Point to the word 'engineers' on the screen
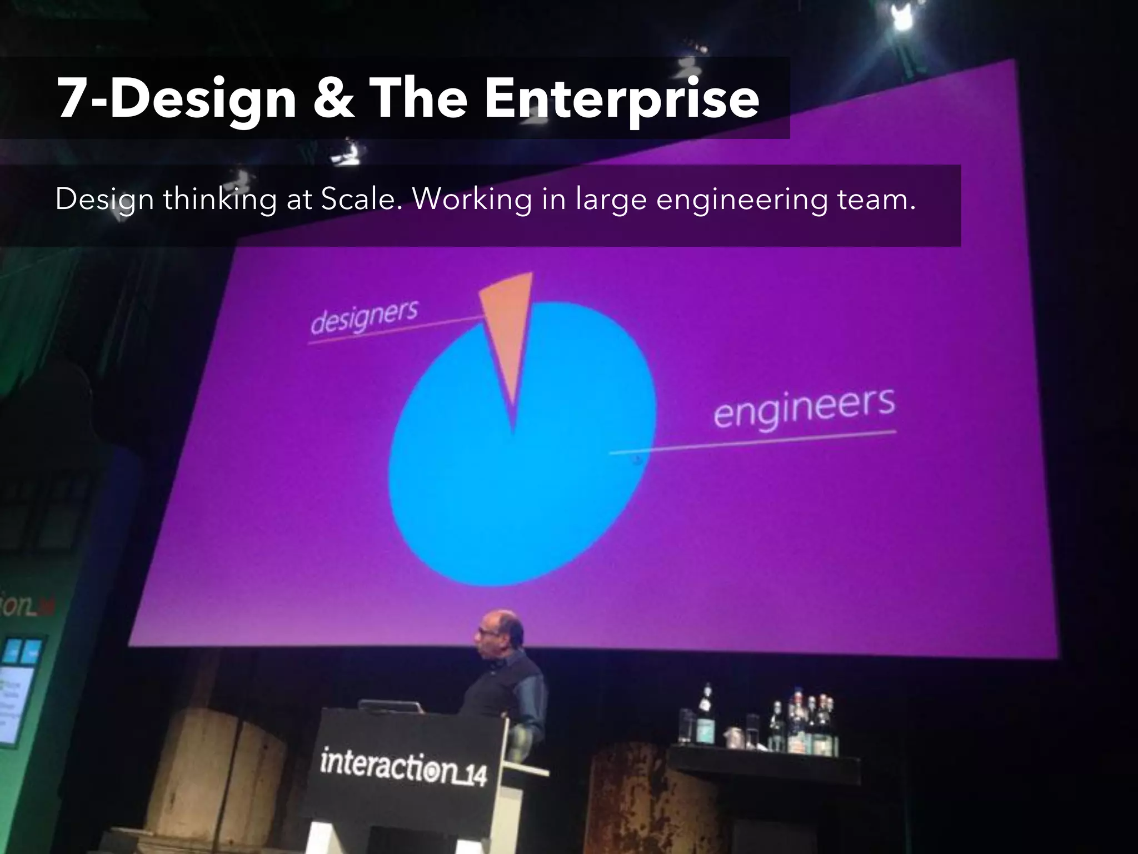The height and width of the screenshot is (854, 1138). [x=804, y=409]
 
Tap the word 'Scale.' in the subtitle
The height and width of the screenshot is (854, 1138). [x=362, y=198]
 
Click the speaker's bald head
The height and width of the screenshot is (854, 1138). [x=503, y=625]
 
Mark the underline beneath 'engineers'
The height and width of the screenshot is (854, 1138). [x=753, y=442]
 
